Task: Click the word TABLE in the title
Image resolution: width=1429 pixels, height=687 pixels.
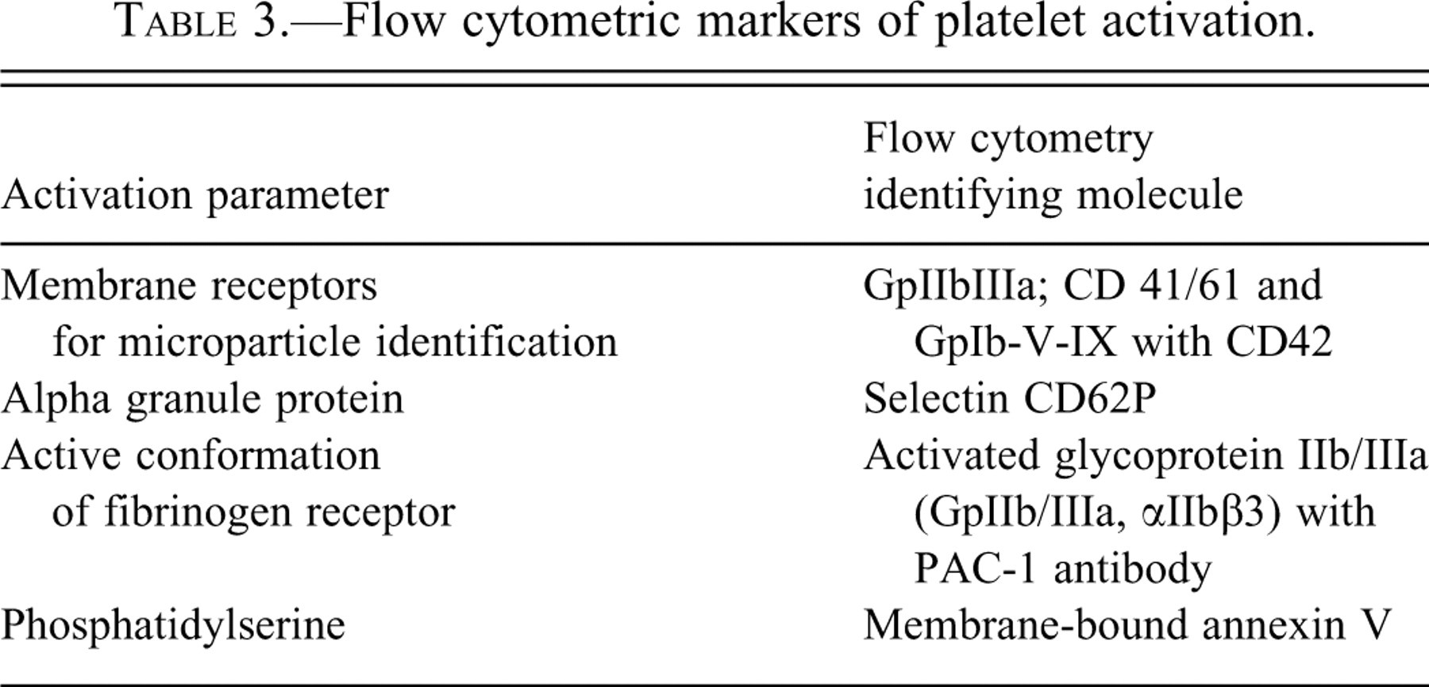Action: click(175, 21)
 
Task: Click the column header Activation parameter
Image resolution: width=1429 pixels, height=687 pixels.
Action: click(195, 195)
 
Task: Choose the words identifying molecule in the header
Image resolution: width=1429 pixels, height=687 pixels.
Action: click(1053, 195)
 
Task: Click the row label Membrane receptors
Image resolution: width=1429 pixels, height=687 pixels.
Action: click(190, 286)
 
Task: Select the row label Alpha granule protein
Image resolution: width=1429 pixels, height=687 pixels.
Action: click(203, 399)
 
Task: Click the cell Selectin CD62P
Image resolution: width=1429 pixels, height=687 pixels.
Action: click(1010, 399)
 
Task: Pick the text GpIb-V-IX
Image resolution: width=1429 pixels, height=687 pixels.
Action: click(1016, 343)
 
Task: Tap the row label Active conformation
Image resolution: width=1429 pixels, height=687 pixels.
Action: click(191, 456)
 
